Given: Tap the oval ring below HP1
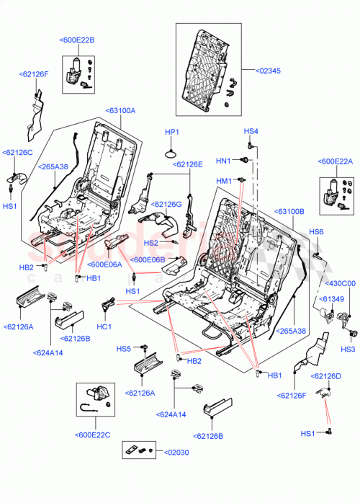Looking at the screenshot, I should click(x=171, y=153).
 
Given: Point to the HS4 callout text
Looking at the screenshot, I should click(x=251, y=131).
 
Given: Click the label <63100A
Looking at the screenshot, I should click(x=121, y=110).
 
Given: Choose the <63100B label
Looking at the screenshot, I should click(x=289, y=211).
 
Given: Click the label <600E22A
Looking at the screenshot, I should click(x=335, y=161).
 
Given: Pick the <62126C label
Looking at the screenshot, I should click(x=18, y=153).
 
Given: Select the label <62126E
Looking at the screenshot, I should click(x=187, y=164).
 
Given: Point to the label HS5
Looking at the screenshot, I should click(x=124, y=349).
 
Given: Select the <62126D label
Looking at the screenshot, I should click(x=326, y=376).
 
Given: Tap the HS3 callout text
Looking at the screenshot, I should click(x=348, y=350).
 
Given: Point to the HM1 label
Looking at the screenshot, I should click(x=224, y=180).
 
